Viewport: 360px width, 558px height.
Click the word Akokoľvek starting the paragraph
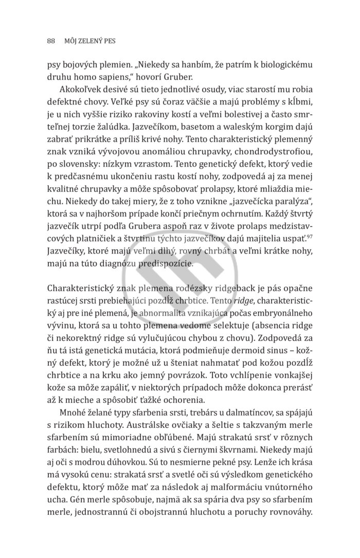[x=81, y=89]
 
